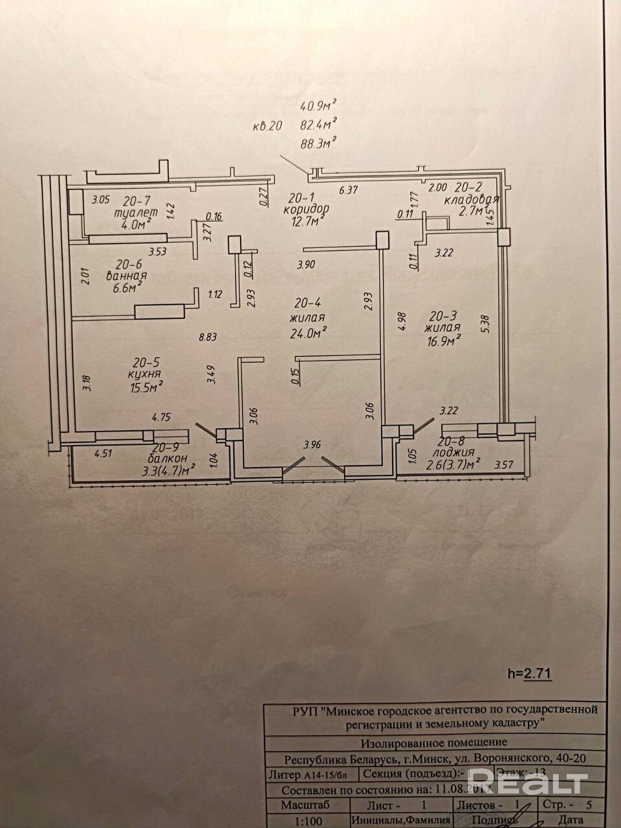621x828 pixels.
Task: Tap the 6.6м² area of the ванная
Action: tap(127, 289)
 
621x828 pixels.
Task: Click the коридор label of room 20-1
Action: tap(306, 210)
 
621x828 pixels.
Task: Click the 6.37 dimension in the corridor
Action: tap(349, 190)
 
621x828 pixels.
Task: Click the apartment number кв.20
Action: tap(267, 127)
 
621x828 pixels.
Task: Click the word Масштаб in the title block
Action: tap(305, 805)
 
